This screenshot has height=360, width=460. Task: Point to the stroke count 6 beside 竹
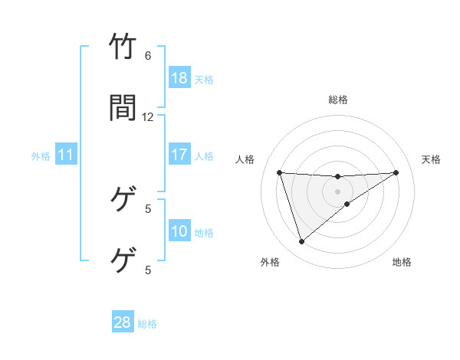(148, 56)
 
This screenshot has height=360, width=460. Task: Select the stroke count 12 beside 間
(148, 116)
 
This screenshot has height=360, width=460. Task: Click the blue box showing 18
(179, 78)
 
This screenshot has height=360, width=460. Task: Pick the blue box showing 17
(179, 155)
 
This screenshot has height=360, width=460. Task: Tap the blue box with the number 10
(179, 231)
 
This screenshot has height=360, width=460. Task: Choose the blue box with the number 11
(66, 155)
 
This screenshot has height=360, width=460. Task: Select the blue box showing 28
(123, 322)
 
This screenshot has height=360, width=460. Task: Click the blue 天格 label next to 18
(203, 79)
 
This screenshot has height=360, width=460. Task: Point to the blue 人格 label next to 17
(203, 155)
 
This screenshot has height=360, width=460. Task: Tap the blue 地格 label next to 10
(203, 232)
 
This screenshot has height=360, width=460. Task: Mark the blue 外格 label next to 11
(41, 155)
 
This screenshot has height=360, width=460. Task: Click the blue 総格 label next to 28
(147, 323)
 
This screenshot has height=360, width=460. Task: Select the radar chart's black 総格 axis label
(337, 100)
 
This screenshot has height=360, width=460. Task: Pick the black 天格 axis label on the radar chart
(431, 159)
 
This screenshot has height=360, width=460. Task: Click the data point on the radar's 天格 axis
(396, 172)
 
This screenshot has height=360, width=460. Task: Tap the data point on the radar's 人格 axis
(279, 172)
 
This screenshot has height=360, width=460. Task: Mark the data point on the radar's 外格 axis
(301, 242)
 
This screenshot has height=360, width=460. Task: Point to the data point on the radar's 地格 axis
(347, 204)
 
